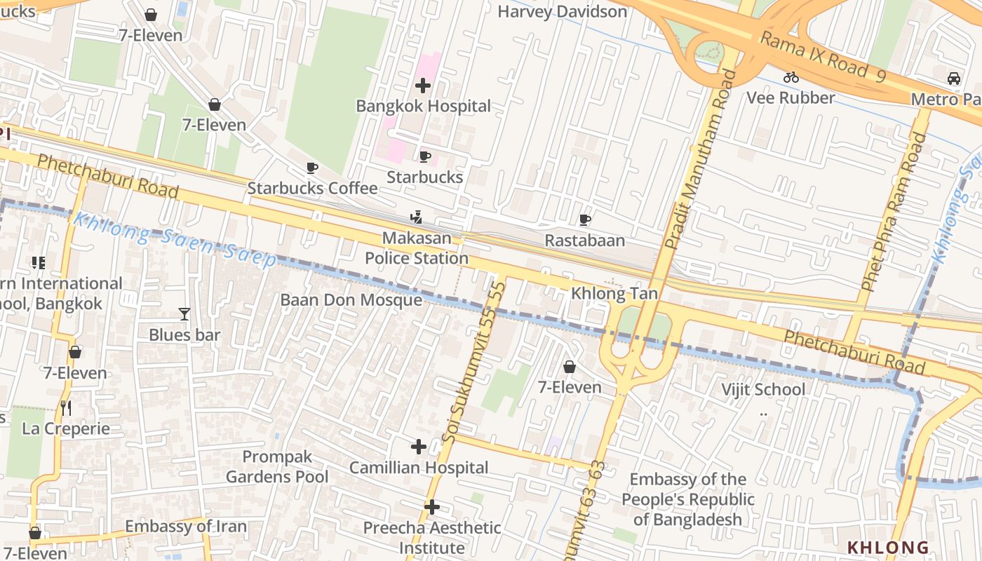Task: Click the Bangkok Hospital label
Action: [423, 106]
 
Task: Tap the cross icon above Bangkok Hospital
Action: [423, 86]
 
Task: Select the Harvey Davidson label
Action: [562, 11]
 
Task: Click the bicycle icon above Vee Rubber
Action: [791, 77]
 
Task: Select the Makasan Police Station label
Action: [417, 248]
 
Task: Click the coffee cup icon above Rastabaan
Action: [585, 220]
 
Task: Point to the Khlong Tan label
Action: [614, 293]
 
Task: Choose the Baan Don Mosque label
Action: [351, 300]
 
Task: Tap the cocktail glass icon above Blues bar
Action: [184, 314]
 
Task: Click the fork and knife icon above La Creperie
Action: [66, 407]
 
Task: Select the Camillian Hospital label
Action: [419, 468]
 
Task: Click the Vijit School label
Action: [764, 389]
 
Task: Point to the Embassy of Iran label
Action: [186, 526]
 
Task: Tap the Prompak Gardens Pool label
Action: [277, 467]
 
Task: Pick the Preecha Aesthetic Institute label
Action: [432, 537]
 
